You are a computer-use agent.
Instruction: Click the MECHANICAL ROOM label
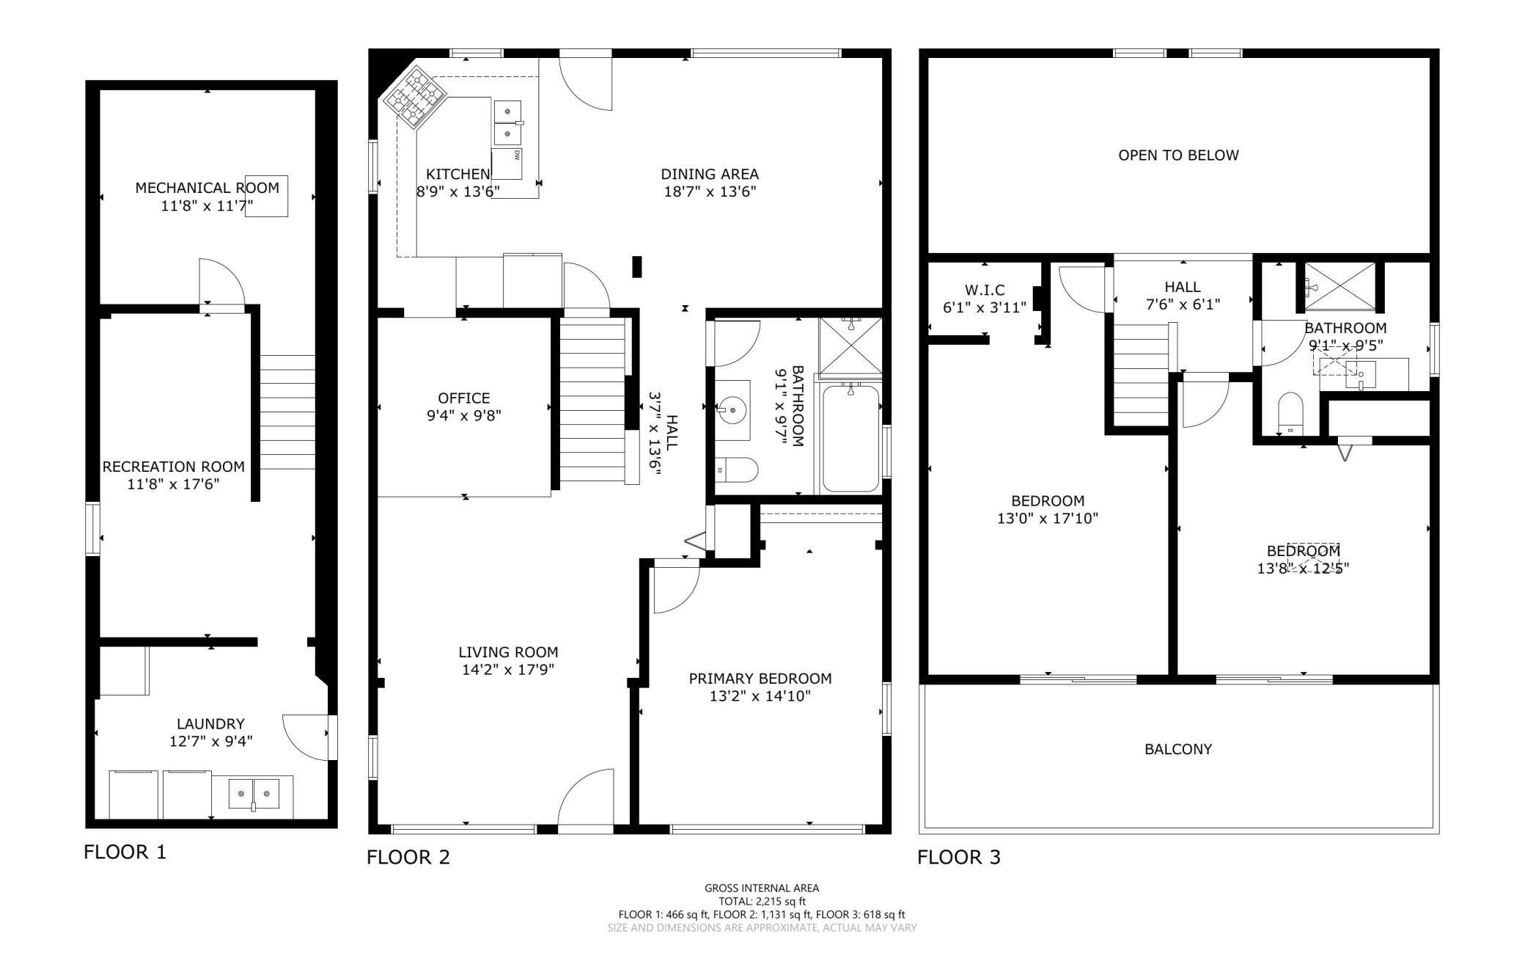(207, 188)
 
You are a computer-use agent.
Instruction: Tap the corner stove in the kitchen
(416, 95)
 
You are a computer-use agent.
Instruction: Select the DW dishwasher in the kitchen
(506, 164)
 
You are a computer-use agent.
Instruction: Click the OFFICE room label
(464, 398)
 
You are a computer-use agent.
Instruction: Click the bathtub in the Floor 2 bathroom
(850, 438)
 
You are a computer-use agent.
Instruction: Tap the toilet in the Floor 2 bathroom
(736, 470)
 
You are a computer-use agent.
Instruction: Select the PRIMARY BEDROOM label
(760, 679)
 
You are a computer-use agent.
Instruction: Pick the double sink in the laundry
(254, 795)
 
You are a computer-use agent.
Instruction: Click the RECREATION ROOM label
(174, 467)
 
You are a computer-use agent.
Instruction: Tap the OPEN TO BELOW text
(1178, 155)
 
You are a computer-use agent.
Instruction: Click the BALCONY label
(1178, 749)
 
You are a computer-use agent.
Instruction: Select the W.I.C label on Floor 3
(984, 290)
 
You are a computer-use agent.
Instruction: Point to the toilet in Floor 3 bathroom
(1290, 414)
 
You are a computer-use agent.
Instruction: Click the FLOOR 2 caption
(408, 857)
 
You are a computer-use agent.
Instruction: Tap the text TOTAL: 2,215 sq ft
(762, 902)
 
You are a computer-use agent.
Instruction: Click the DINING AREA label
(710, 175)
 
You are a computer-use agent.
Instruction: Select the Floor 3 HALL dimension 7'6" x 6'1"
(1183, 304)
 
